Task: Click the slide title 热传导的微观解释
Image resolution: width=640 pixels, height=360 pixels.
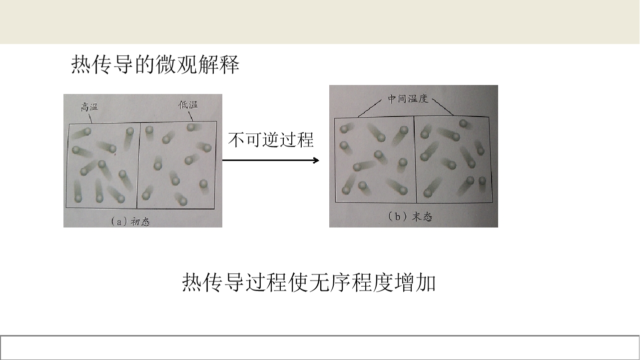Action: click(155, 64)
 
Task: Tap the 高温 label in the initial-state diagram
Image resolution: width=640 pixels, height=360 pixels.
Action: click(89, 107)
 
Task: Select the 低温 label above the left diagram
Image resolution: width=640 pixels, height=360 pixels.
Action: click(188, 104)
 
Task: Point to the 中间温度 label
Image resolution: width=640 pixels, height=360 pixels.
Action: click(408, 99)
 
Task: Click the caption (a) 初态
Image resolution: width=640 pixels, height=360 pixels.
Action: click(130, 221)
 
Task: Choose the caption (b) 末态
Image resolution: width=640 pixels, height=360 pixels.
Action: click(410, 216)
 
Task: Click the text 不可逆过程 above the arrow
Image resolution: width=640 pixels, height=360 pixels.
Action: click(271, 140)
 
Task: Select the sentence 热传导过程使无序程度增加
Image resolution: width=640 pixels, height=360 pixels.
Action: click(309, 282)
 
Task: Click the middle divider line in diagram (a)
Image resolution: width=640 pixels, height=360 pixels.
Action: click(138, 165)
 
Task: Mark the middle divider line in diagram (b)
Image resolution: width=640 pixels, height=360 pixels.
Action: click(415, 159)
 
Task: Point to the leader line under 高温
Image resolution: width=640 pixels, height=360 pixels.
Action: click(90, 118)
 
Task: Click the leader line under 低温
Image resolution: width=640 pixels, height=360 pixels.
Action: click(190, 116)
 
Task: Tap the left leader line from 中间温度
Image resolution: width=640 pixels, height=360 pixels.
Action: click(370, 108)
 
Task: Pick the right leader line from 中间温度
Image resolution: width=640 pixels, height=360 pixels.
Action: click(443, 107)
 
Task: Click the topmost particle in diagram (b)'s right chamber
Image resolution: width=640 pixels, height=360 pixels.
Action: click(463, 123)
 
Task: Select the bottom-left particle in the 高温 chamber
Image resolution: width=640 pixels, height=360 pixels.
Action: click(78, 198)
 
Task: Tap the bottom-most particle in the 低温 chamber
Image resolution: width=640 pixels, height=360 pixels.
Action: click(183, 201)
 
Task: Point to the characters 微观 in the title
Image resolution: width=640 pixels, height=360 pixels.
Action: click(176, 64)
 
